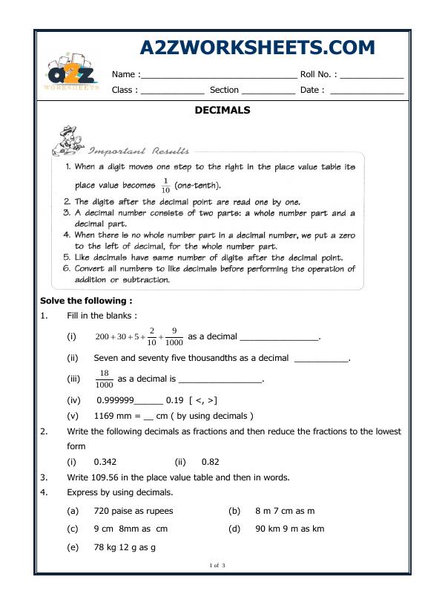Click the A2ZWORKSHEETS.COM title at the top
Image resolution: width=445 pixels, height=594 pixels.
(257, 48)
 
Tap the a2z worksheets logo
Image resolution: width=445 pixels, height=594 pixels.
(72, 74)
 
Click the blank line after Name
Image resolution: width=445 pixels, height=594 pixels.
(219, 75)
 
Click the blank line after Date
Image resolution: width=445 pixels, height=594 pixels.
(366, 91)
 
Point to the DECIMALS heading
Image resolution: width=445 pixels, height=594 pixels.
(222, 110)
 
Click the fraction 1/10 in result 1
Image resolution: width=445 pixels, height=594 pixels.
(165, 186)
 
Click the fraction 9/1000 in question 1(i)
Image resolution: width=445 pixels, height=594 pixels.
(173, 336)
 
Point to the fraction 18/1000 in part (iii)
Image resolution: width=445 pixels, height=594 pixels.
(105, 379)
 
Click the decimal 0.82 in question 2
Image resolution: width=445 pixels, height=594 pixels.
(210, 461)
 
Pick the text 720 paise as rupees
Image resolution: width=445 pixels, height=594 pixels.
(133, 511)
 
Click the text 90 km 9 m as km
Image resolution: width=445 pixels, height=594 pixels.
(289, 529)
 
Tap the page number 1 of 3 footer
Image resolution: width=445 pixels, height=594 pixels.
(217, 567)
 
